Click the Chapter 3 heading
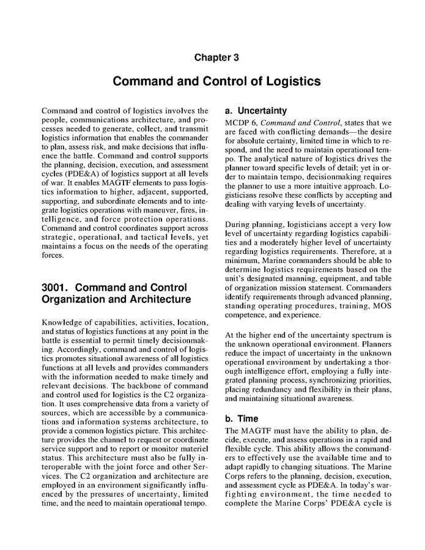point(212,58)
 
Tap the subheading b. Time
point(240,419)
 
